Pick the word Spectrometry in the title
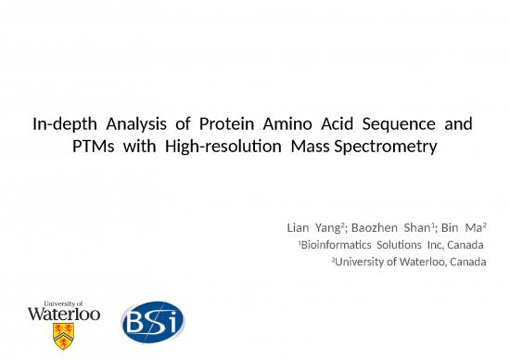point(383,146)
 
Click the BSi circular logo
point(153,322)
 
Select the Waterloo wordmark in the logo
point(64,314)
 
